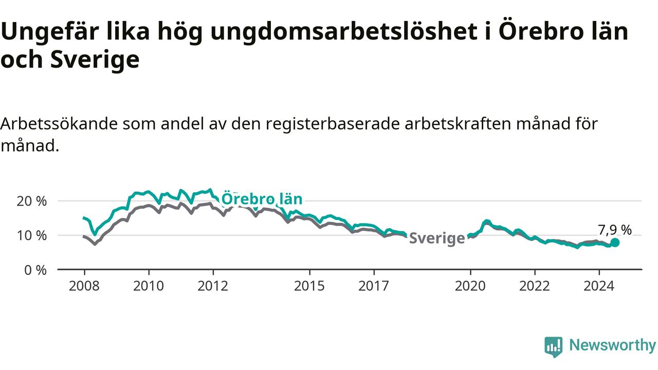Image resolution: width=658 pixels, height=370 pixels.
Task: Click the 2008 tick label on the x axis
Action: [84, 286]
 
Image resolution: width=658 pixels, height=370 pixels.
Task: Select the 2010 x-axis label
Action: [149, 286]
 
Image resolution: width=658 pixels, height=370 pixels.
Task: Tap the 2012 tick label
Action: [213, 286]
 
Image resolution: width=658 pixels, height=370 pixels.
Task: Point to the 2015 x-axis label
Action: [309, 286]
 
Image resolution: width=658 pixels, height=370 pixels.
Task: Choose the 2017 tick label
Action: [374, 286]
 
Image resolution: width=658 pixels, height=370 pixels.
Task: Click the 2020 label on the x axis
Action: [470, 286]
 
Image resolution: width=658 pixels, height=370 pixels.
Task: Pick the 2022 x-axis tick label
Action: [535, 286]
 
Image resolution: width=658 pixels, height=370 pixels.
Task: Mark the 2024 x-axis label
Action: [599, 286]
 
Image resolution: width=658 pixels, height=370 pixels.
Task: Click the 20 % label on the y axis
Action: [32, 201]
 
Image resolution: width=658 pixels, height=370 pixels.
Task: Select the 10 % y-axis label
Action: [32, 235]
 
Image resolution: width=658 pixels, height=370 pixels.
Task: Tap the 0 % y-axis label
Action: [35, 270]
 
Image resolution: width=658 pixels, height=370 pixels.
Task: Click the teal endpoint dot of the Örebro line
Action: [615, 243]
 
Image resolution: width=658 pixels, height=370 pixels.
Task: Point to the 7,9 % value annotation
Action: [615, 230]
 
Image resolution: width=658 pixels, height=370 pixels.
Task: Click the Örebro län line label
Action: [262, 199]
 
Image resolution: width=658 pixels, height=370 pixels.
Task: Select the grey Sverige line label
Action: [437, 238]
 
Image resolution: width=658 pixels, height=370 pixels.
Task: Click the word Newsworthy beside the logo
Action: [613, 345]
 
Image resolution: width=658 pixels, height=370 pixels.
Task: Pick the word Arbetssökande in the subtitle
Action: [59, 124]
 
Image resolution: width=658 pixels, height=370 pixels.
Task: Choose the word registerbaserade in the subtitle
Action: [333, 124]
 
